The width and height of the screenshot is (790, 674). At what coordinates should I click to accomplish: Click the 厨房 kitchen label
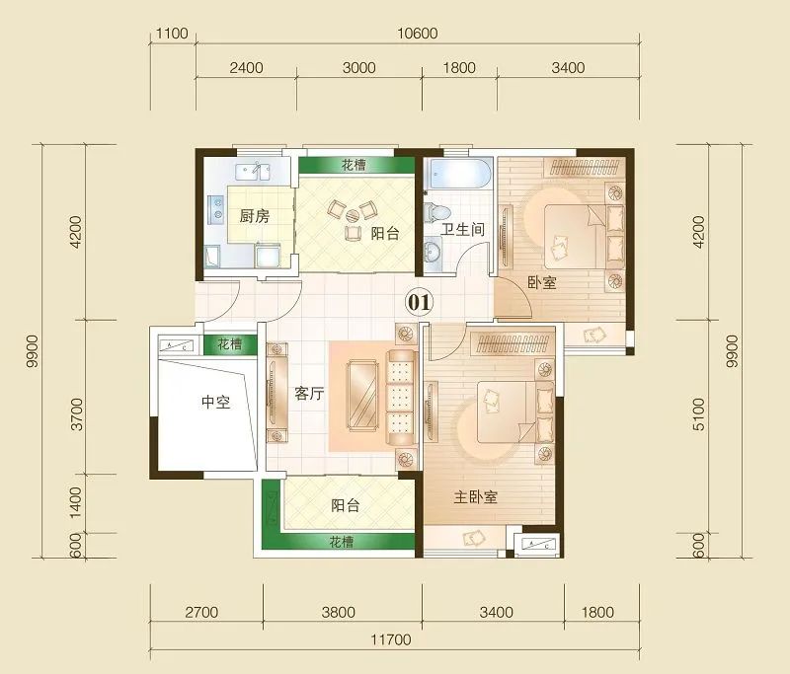click(x=254, y=216)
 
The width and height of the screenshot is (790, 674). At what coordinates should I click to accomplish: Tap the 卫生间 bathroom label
click(x=462, y=230)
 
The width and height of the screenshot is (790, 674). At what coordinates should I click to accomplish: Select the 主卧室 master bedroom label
click(x=475, y=497)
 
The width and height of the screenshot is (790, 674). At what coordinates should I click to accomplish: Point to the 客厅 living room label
click(x=309, y=393)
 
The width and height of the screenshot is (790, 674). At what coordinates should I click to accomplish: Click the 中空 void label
click(x=215, y=402)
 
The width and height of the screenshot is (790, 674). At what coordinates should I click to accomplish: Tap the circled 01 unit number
click(x=419, y=303)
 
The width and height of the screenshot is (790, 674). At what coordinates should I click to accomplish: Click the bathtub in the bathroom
click(x=457, y=174)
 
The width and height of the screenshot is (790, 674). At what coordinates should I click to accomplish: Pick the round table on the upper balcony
click(x=353, y=215)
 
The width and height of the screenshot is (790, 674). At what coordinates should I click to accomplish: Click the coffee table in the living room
click(x=362, y=396)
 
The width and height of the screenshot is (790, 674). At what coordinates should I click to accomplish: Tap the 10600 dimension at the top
click(x=417, y=34)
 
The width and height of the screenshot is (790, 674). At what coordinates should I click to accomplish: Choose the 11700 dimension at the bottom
click(x=391, y=639)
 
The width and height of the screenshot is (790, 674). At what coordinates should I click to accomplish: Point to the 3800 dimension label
click(x=339, y=612)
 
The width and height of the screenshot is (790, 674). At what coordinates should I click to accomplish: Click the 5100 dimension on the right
click(x=699, y=413)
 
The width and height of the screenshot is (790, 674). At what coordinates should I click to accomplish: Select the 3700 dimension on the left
click(x=76, y=413)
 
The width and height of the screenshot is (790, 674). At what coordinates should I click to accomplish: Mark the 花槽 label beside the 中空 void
click(x=230, y=344)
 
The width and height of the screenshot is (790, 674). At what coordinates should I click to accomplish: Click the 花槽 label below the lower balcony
click(x=341, y=542)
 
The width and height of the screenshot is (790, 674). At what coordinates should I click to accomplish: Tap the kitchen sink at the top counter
click(x=252, y=171)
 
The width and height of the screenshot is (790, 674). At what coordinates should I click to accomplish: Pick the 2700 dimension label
click(x=201, y=612)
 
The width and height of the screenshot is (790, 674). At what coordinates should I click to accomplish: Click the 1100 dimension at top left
click(x=172, y=34)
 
